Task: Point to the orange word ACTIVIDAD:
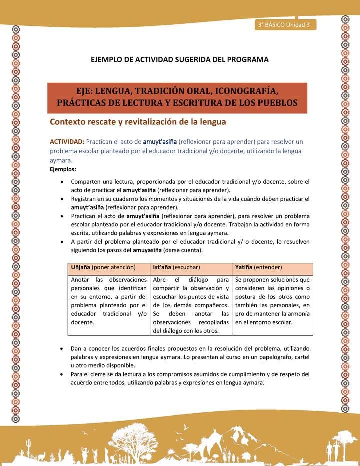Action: click(70, 142)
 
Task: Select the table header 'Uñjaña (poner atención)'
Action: click(102, 267)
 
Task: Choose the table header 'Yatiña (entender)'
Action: click(258, 267)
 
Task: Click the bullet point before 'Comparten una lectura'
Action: click(61, 182)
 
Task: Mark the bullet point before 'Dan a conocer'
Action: click(61, 348)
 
